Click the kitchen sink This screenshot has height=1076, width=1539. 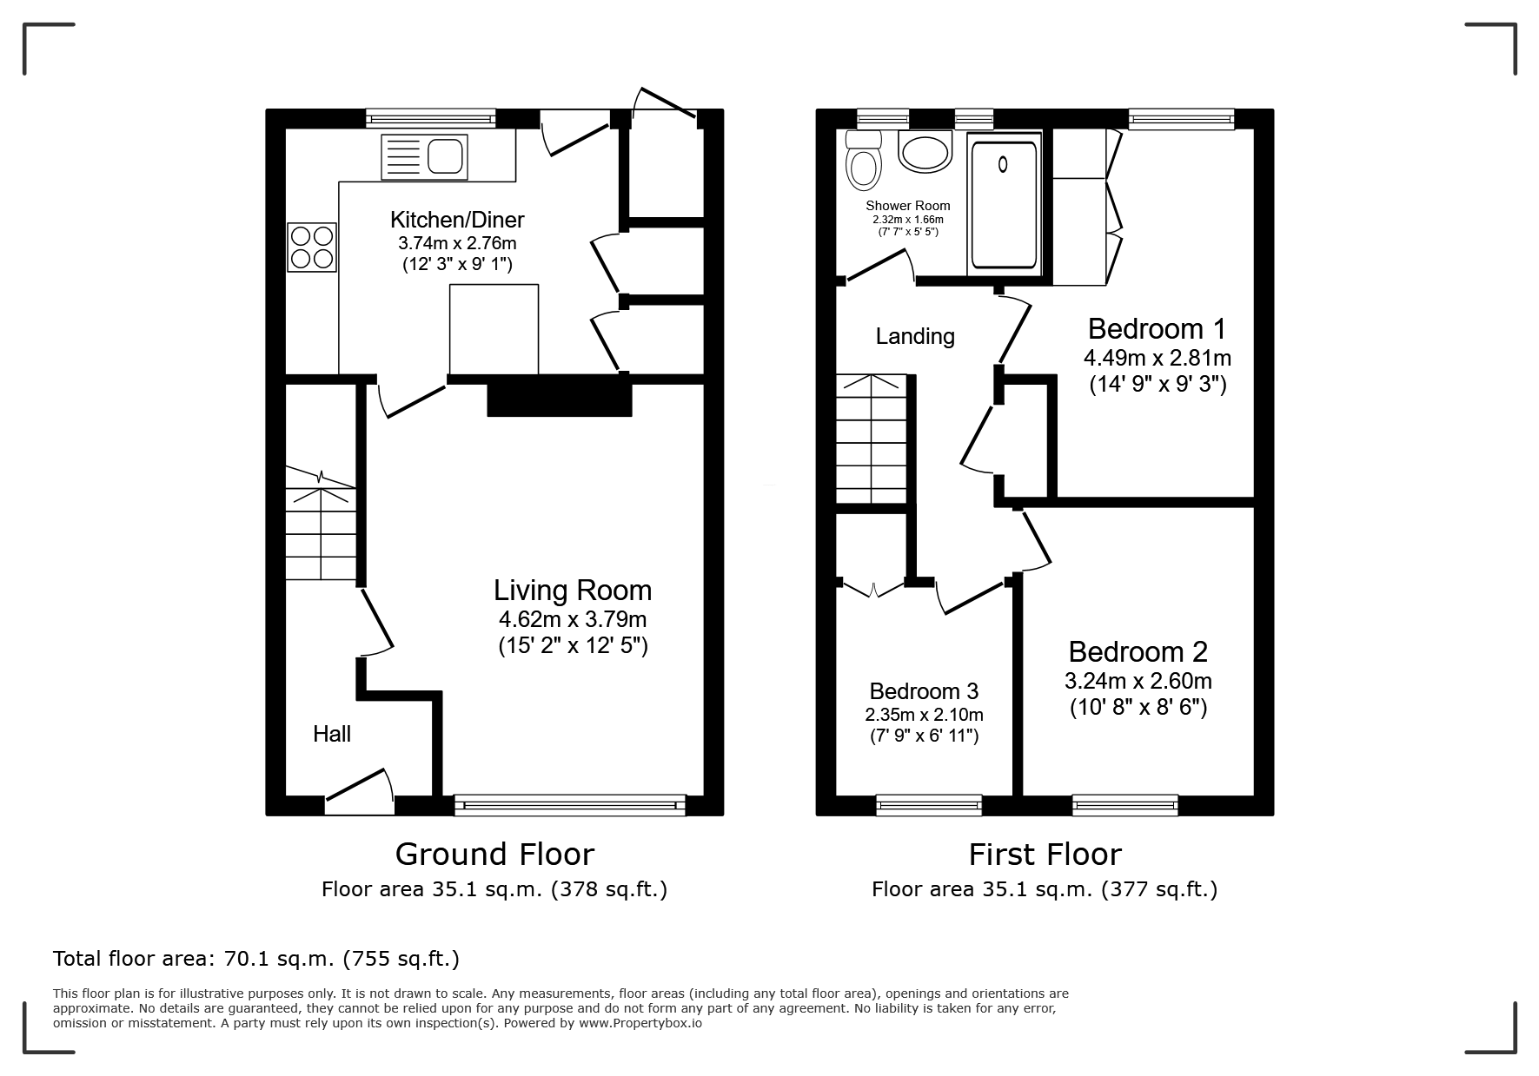(x=424, y=157)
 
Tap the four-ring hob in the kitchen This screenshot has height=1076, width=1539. (x=312, y=248)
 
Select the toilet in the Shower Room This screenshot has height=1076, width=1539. (x=863, y=162)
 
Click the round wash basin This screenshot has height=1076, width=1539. (x=925, y=152)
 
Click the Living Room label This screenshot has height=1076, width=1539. (x=573, y=591)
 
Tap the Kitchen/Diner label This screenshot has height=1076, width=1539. (x=457, y=220)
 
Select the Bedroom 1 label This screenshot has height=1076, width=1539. (x=1157, y=329)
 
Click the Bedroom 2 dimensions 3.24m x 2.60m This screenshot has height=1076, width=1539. (x=1138, y=681)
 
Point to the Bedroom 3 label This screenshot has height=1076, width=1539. (x=924, y=691)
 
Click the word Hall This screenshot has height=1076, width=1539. (x=332, y=735)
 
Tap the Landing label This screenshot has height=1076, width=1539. (x=915, y=336)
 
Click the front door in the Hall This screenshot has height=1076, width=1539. (x=359, y=791)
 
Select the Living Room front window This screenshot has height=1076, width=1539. (x=570, y=805)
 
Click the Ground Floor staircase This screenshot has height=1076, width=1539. (x=321, y=523)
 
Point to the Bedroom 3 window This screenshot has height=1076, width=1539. (x=929, y=805)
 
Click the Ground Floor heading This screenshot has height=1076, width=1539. (x=494, y=855)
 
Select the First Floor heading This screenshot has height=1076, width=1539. (x=1045, y=855)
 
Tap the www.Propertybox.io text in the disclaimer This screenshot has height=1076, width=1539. (x=640, y=1023)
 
